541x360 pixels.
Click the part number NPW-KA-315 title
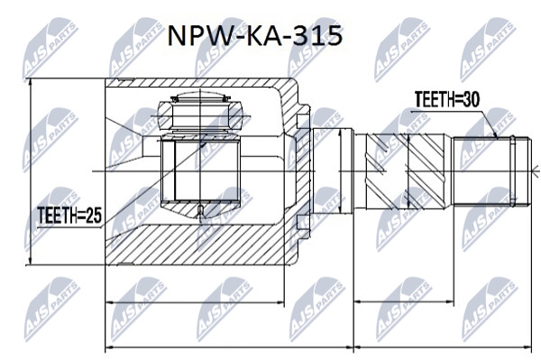pyautogui.click(x=254, y=36)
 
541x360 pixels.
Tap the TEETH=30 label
pyautogui.click(x=447, y=100)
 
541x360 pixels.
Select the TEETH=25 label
pyautogui.click(x=69, y=216)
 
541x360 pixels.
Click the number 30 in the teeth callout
pyautogui.click(x=471, y=100)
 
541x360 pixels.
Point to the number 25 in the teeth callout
pyautogui.click(x=93, y=216)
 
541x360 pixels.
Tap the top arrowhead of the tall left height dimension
pyautogui.click(x=31, y=82)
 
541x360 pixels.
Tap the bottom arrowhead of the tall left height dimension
pyautogui.click(x=31, y=262)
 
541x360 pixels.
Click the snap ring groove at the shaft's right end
pyautogui.click(x=513, y=171)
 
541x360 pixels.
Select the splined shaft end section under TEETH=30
pyautogui.click(x=491, y=171)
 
